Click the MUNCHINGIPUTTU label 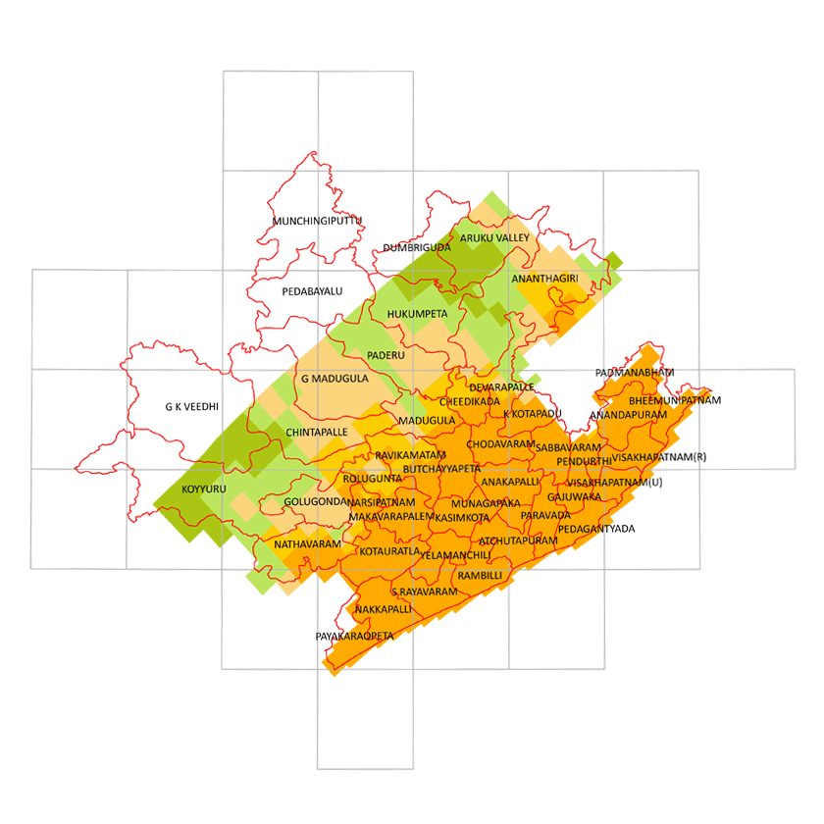point(318,221)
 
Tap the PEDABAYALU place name point(312,291)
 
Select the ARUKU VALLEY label point(495,238)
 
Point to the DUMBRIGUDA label point(417,247)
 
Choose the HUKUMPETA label point(417,314)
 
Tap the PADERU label point(386,355)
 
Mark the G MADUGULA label point(335,379)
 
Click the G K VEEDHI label point(191,405)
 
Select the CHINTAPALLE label point(317,432)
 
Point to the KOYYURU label point(202,489)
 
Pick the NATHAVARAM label point(307,543)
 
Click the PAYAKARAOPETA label point(354,637)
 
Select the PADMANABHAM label point(635,373)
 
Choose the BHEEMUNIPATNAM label point(675,400)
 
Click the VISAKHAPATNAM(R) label point(658,456)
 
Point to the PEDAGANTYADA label point(595,529)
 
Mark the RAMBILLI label point(480,575)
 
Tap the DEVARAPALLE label point(501,387)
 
